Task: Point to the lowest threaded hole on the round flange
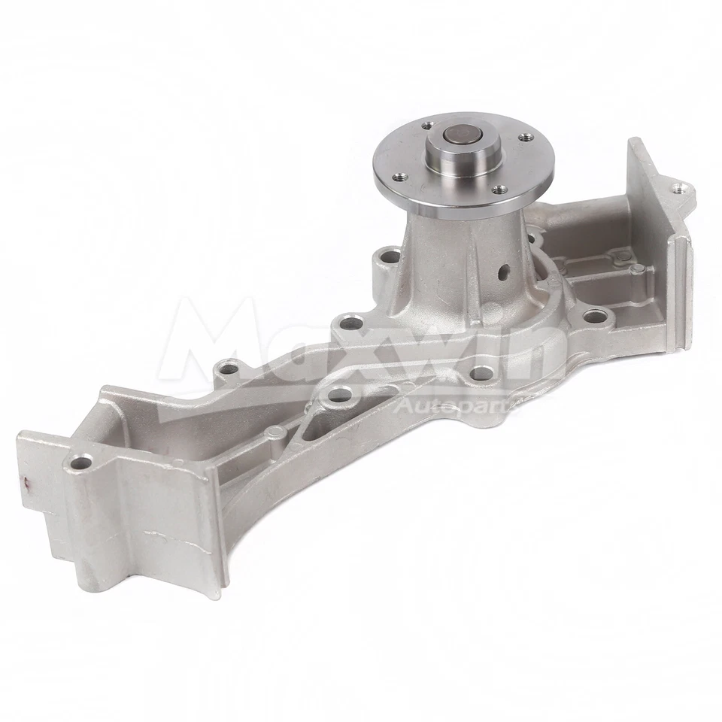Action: [x=496, y=190]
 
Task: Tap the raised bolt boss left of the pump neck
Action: [x=390, y=258]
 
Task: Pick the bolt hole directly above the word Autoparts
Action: [x=479, y=372]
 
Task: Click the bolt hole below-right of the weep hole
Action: [x=594, y=316]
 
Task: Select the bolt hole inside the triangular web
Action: [x=340, y=394]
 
